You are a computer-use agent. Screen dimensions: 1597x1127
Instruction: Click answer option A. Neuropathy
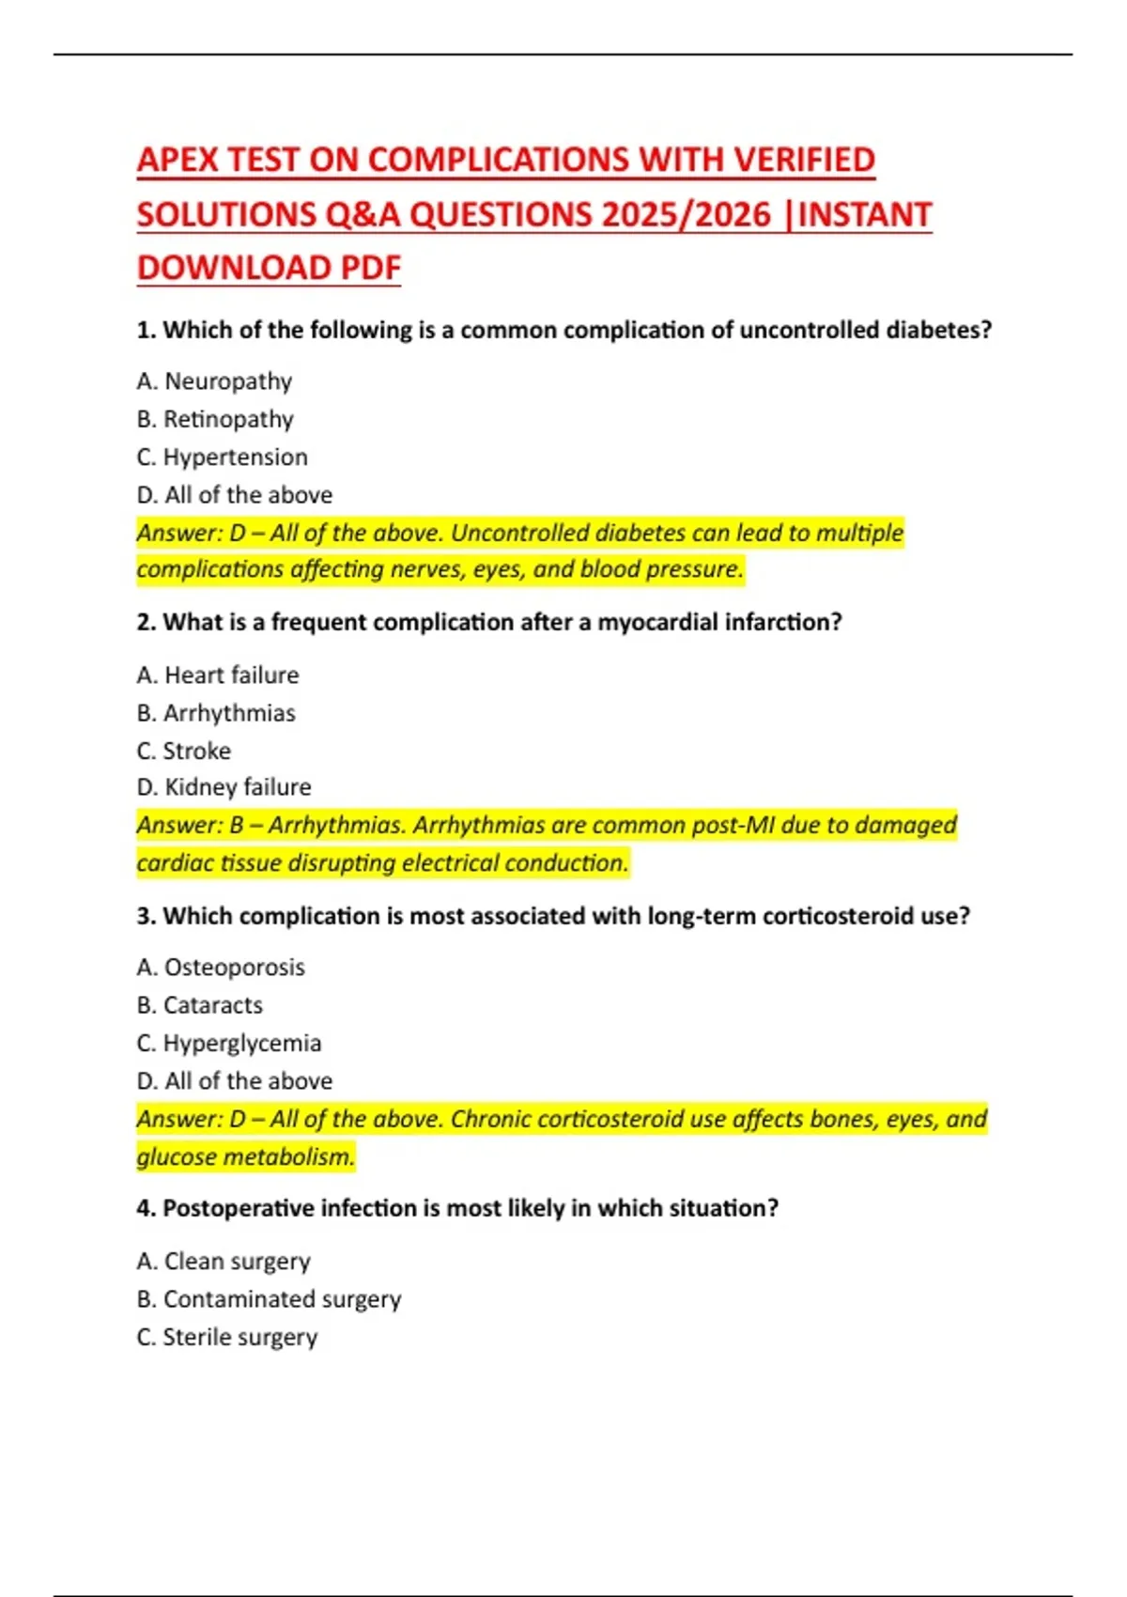tap(214, 381)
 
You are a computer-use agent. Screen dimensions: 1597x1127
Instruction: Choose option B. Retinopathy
tap(215, 419)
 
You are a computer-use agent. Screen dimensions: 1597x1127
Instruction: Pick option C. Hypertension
tap(222, 457)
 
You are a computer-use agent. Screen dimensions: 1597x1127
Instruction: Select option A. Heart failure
tap(218, 674)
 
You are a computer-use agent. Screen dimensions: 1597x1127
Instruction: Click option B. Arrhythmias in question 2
tap(216, 713)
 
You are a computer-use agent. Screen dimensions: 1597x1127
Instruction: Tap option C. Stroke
tap(184, 751)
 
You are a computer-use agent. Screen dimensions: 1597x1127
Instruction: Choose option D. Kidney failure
tap(224, 787)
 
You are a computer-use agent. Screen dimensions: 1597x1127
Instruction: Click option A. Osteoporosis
tap(221, 968)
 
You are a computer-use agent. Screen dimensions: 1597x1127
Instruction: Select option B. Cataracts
tap(199, 1005)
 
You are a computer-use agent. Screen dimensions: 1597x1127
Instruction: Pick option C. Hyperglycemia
tap(229, 1044)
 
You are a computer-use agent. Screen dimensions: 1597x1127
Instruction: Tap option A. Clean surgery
tap(224, 1261)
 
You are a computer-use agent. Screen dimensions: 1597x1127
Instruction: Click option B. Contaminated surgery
tap(269, 1299)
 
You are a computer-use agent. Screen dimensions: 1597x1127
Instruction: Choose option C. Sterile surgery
tap(227, 1337)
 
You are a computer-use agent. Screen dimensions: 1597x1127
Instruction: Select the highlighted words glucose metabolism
tap(246, 1156)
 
